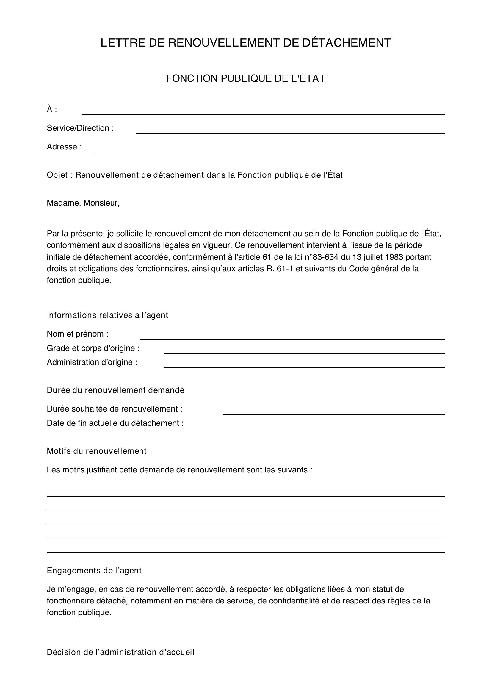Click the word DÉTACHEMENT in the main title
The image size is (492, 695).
(x=347, y=43)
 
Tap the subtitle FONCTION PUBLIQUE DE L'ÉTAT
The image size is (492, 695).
(x=246, y=78)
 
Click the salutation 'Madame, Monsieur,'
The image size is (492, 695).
(x=83, y=203)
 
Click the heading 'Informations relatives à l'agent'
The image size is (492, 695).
(x=107, y=316)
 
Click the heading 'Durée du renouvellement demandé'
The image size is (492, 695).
(x=115, y=390)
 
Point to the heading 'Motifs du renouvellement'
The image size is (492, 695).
(x=96, y=451)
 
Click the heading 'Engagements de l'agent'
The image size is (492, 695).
(x=94, y=571)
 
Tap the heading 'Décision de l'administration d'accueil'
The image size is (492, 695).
(x=120, y=652)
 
